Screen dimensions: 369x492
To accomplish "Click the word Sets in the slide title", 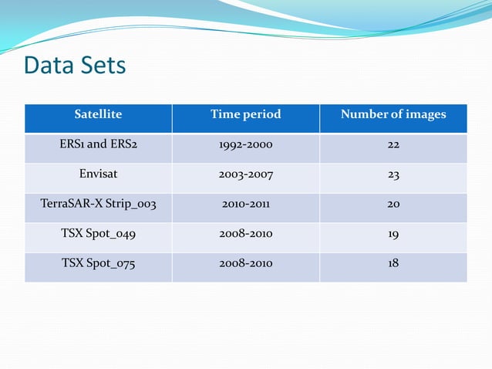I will click(102, 66).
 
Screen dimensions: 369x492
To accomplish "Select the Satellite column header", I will click(98, 114).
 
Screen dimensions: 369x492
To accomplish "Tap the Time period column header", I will click(245, 114).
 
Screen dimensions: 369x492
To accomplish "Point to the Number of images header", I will click(393, 114).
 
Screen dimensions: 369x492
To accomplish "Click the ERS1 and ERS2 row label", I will click(98, 144).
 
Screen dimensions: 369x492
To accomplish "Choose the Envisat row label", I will click(98, 174).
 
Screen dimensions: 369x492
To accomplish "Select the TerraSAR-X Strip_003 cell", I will click(98, 205).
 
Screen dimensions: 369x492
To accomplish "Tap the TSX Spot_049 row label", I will click(98, 233).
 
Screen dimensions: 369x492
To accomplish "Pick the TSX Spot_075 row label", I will click(98, 263).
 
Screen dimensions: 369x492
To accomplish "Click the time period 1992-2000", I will click(245, 144).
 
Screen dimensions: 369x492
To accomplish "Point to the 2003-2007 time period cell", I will click(245, 174).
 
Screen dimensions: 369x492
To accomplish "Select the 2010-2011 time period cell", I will click(245, 205).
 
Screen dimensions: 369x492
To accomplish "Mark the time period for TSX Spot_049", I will click(245, 233).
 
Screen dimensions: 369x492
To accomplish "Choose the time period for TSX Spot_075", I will click(245, 263).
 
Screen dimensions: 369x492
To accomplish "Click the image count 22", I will click(393, 144).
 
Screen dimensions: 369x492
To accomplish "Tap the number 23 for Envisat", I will click(393, 174).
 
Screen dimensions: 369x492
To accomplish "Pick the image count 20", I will click(393, 205).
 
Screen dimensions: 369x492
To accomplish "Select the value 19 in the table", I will click(393, 233).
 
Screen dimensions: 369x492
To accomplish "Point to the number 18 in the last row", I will click(393, 263).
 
